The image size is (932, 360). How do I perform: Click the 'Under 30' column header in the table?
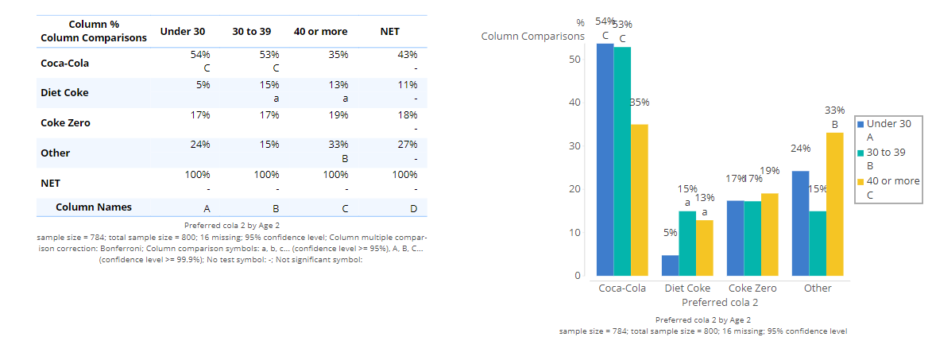coord(182,32)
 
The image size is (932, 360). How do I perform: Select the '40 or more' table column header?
coord(320,32)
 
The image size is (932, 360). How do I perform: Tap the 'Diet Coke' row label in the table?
coord(64,93)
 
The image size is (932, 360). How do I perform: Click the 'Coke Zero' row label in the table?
coord(65,123)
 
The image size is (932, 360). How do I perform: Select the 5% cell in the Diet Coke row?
coord(202,85)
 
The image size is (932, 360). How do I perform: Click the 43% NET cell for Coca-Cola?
coord(407,55)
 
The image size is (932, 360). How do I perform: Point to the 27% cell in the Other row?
coord(407,145)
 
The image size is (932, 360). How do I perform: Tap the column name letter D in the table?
coord(413,208)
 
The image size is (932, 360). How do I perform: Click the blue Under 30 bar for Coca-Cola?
coord(605,159)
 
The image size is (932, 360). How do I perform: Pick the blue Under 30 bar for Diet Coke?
coord(670,265)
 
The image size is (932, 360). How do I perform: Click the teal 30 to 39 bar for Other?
coord(818,243)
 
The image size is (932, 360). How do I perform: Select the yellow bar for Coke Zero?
coord(769,234)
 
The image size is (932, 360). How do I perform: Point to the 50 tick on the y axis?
coord(574,60)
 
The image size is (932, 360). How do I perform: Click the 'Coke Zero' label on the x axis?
coord(752,288)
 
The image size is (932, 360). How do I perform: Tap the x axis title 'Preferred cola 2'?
coord(719,303)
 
